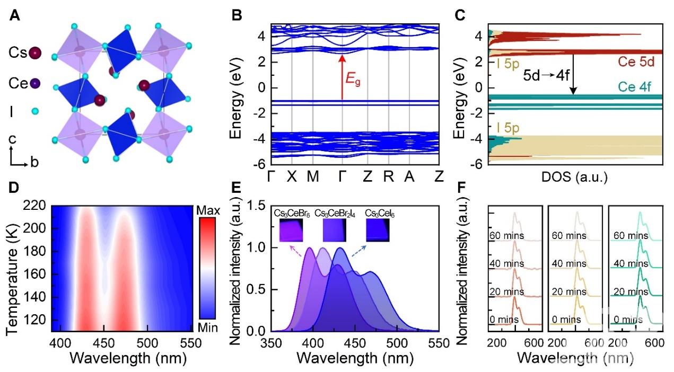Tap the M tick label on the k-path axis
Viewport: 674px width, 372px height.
click(312, 178)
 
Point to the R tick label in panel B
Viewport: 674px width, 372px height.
click(389, 178)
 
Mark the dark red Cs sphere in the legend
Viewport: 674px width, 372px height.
click(35, 53)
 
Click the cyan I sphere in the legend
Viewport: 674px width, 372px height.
click(35, 111)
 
